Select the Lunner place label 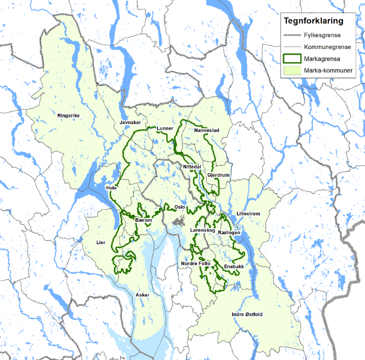[165, 128]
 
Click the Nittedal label [192, 166]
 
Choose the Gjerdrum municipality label [218, 175]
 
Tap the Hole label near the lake [111, 187]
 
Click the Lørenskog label [203, 230]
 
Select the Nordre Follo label [196, 263]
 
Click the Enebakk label [234, 267]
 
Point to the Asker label [142, 295]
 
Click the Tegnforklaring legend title [313, 21]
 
